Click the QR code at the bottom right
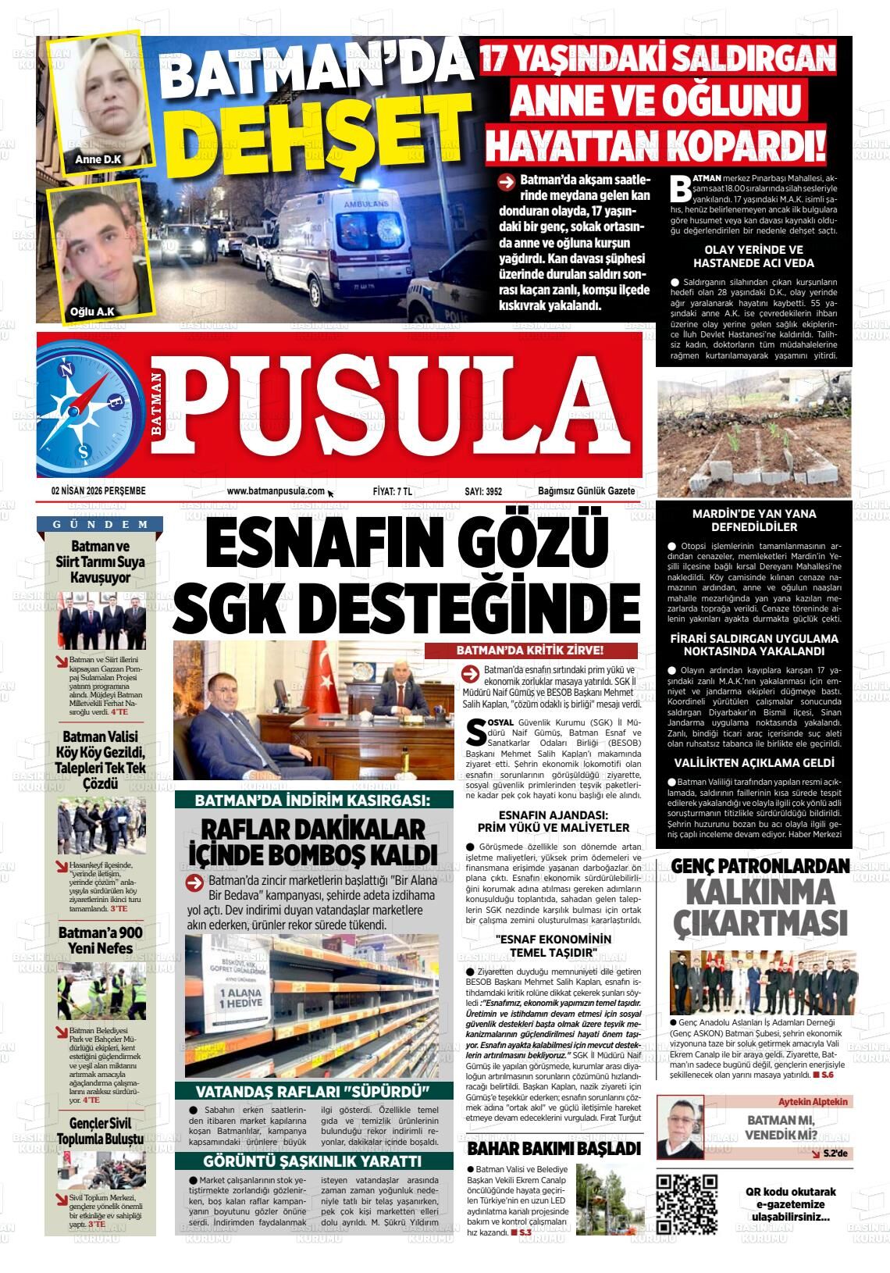point(686,1203)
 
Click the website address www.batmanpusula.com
point(276,491)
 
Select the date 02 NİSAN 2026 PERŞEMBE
point(98,491)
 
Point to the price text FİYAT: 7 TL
point(392,491)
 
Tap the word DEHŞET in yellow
point(310,130)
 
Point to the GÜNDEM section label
point(101,524)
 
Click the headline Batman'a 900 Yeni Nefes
point(100,940)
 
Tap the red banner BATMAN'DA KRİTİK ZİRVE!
point(530,651)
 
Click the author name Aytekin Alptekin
point(813,1101)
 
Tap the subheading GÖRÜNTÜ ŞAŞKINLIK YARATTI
point(312,1161)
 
